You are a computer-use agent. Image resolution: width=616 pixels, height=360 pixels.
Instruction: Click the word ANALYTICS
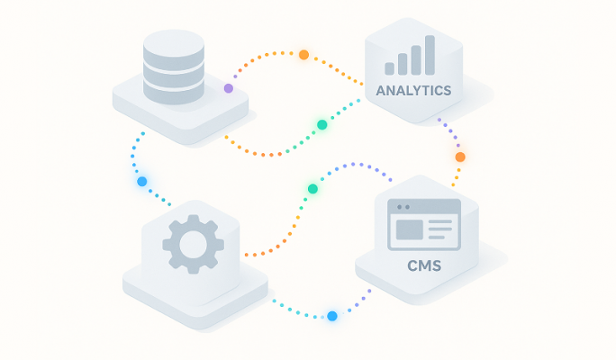tap(413, 91)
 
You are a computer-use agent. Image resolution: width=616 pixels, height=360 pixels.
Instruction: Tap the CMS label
tap(424, 265)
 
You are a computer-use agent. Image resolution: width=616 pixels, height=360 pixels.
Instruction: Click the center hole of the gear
tap(193, 244)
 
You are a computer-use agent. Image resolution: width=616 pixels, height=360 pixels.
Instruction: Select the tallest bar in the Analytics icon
tap(430, 55)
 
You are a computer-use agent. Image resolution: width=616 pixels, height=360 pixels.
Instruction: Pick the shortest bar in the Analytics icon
tap(389, 68)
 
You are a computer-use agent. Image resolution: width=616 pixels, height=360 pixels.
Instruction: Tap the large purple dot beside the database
tap(229, 88)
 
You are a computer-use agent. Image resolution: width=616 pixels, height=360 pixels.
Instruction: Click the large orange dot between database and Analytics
tap(303, 55)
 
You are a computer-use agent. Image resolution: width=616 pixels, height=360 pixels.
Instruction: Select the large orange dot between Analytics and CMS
tap(460, 157)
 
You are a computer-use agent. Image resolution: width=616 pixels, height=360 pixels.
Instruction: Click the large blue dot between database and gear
tap(141, 182)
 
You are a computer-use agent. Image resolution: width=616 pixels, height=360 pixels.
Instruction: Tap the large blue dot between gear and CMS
tap(332, 316)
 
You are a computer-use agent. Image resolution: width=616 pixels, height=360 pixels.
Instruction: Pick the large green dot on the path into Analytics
tap(322, 125)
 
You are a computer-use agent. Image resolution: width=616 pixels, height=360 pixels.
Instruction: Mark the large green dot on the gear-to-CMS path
tap(313, 189)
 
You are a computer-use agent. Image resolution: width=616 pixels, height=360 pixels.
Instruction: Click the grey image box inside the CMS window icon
tap(410, 229)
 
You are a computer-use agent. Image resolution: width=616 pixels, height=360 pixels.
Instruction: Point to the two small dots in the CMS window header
tap(403, 207)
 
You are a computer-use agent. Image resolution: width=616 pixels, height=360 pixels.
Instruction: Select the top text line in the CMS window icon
tap(440, 221)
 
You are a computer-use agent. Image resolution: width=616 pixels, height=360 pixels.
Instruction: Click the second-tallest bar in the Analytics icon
tap(416, 60)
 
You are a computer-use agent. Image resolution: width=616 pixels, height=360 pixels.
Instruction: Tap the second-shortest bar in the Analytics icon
tap(403, 65)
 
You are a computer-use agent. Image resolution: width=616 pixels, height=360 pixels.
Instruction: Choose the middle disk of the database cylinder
tap(174, 72)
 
